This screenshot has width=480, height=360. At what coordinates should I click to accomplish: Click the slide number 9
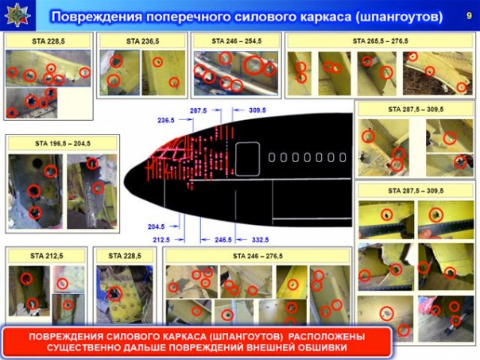[x=466, y=16]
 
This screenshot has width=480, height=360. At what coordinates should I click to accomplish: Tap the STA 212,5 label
[x=46, y=256]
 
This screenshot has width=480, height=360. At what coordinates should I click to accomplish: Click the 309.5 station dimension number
[x=257, y=109]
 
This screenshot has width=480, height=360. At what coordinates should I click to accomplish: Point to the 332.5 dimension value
[x=260, y=239]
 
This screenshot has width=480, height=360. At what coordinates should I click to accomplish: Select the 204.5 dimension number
[x=157, y=226]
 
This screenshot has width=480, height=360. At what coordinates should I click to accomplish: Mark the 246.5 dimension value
[x=223, y=239]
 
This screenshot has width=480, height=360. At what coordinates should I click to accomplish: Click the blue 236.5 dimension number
[x=166, y=120]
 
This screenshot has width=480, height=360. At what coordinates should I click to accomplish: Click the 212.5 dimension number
[x=162, y=239]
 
